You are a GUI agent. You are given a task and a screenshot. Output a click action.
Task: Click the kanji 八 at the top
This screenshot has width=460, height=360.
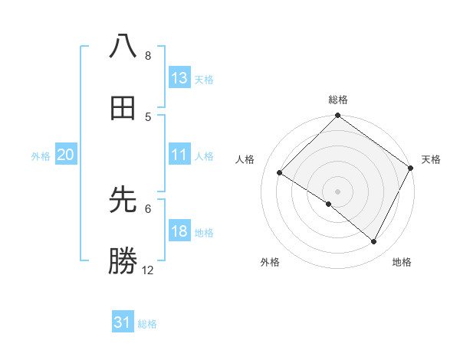tap(123, 46)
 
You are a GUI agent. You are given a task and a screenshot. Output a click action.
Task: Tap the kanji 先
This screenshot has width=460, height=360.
tap(123, 201)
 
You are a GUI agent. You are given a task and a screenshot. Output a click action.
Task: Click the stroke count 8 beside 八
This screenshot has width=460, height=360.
tap(148, 55)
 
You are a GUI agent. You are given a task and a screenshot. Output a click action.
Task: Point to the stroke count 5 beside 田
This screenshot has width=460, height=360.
tap(148, 116)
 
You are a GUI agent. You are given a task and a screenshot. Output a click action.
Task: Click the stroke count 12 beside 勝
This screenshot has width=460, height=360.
tap(148, 270)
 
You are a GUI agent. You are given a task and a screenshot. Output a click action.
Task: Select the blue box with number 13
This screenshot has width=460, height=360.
tap(179, 78)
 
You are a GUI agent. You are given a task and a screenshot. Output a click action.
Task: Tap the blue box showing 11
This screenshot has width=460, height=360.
tap(179, 155)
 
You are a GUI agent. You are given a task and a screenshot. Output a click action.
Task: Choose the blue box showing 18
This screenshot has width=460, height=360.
tap(179, 231)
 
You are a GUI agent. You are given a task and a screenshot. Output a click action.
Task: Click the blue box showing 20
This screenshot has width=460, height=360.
tap(65, 155)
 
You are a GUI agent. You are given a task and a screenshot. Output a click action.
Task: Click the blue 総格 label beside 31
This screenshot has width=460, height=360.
tap(147, 324)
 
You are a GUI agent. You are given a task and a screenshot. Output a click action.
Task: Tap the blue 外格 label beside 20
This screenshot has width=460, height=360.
tap(41, 156)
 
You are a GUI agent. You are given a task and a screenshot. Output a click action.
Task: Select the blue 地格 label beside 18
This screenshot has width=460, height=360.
tap(205, 233)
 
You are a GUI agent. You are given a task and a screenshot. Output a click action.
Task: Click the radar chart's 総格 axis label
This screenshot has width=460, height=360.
tap(338, 100)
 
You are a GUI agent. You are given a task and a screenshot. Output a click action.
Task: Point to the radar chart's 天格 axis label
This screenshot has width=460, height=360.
tap(431, 159)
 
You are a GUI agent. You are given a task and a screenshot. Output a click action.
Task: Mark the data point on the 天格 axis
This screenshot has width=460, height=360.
tap(410, 168)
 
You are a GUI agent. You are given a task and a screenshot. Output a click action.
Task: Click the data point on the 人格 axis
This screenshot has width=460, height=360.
tap(280, 173)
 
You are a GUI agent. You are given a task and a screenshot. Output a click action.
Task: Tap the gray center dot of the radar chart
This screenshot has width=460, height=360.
tap(338, 191)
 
